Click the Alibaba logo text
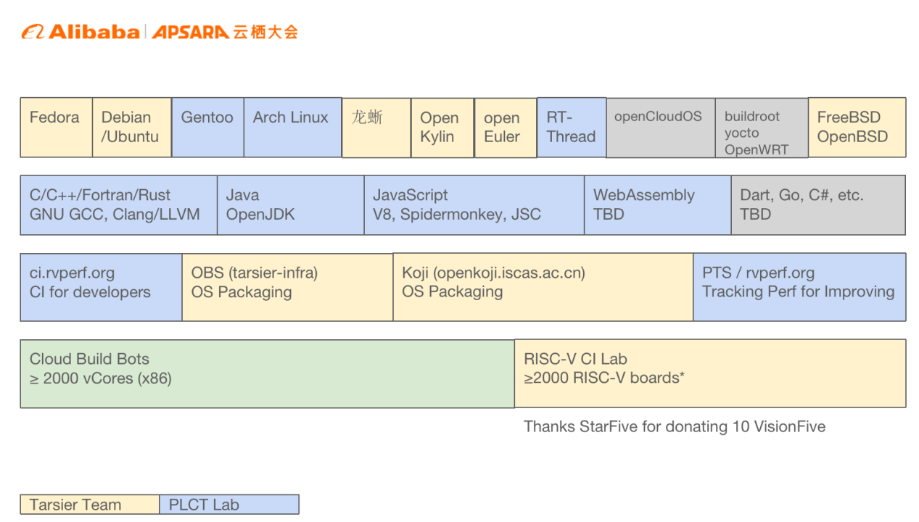(x=94, y=32)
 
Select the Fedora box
(x=57, y=127)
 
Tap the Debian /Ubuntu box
(x=132, y=127)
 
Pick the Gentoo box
(x=207, y=127)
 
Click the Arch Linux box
(x=292, y=127)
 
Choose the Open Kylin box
(x=442, y=128)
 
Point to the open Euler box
(x=505, y=128)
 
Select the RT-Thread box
(x=571, y=127)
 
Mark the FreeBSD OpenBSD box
(x=857, y=127)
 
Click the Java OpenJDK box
(x=290, y=204)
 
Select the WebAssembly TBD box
(x=657, y=204)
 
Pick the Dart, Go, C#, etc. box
(x=817, y=204)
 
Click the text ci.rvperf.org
(x=72, y=273)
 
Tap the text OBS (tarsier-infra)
(x=255, y=273)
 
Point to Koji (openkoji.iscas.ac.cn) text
(x=493, y=273)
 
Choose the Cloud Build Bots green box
(x=267, y=373)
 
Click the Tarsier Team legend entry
(x=90, y=505)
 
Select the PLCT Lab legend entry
(x=229, y=505)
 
